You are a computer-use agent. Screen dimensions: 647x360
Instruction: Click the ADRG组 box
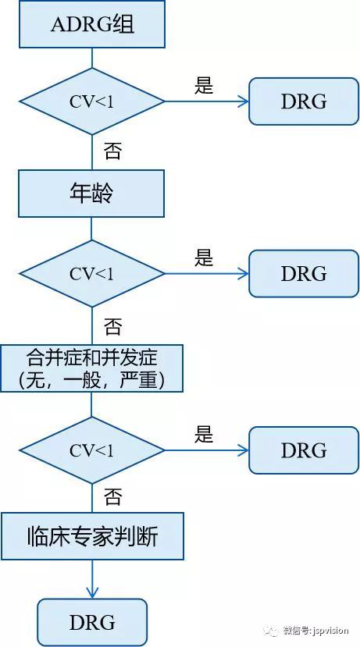[92, 24]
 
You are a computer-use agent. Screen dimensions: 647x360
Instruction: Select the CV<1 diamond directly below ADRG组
[92, 101]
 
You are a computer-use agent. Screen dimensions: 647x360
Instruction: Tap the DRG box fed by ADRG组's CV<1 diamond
[303, 101]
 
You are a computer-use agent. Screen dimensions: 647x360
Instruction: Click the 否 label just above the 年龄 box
[112, 151]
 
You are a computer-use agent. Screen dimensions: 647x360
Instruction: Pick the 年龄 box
[92, 194]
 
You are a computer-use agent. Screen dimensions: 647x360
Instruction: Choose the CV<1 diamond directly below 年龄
[92, 274]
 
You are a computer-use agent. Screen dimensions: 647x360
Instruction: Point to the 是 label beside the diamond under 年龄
[204, 258]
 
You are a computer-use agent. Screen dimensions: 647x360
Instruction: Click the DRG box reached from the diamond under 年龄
[303, 274]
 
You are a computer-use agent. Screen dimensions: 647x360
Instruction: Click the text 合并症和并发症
[92, 358]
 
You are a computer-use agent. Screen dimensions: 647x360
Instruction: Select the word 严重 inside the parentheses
[155, 380]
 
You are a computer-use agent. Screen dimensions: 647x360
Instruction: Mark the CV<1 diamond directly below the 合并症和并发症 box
[92, 450]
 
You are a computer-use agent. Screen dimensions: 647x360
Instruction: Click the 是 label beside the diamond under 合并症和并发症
[204, 435]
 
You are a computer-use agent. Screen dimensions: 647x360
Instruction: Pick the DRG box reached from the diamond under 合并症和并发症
[303, 450]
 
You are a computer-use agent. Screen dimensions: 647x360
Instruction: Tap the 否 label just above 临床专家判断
[112, 497]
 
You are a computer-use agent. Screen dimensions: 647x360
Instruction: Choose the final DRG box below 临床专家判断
[92, 622]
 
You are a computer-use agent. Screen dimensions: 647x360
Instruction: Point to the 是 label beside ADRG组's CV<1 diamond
[204, 86]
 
